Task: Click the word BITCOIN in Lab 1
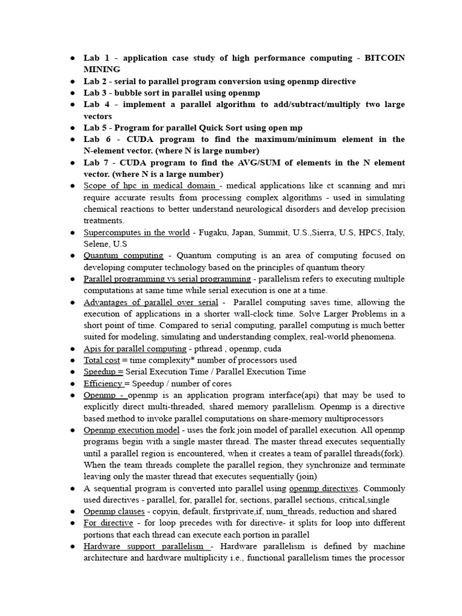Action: [x=383, y=58]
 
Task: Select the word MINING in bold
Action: [x=102, y=69]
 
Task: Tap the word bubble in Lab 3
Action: [x=131, y=93]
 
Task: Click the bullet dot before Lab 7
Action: [x=72, y=163]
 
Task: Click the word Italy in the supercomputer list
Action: [x=393, y=233]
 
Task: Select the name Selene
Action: [x=97, y=244]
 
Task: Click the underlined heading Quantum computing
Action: [x=123, y=256]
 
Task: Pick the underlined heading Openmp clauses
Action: [x=114, y=511]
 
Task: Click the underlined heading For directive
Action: [x=108, y=523]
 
